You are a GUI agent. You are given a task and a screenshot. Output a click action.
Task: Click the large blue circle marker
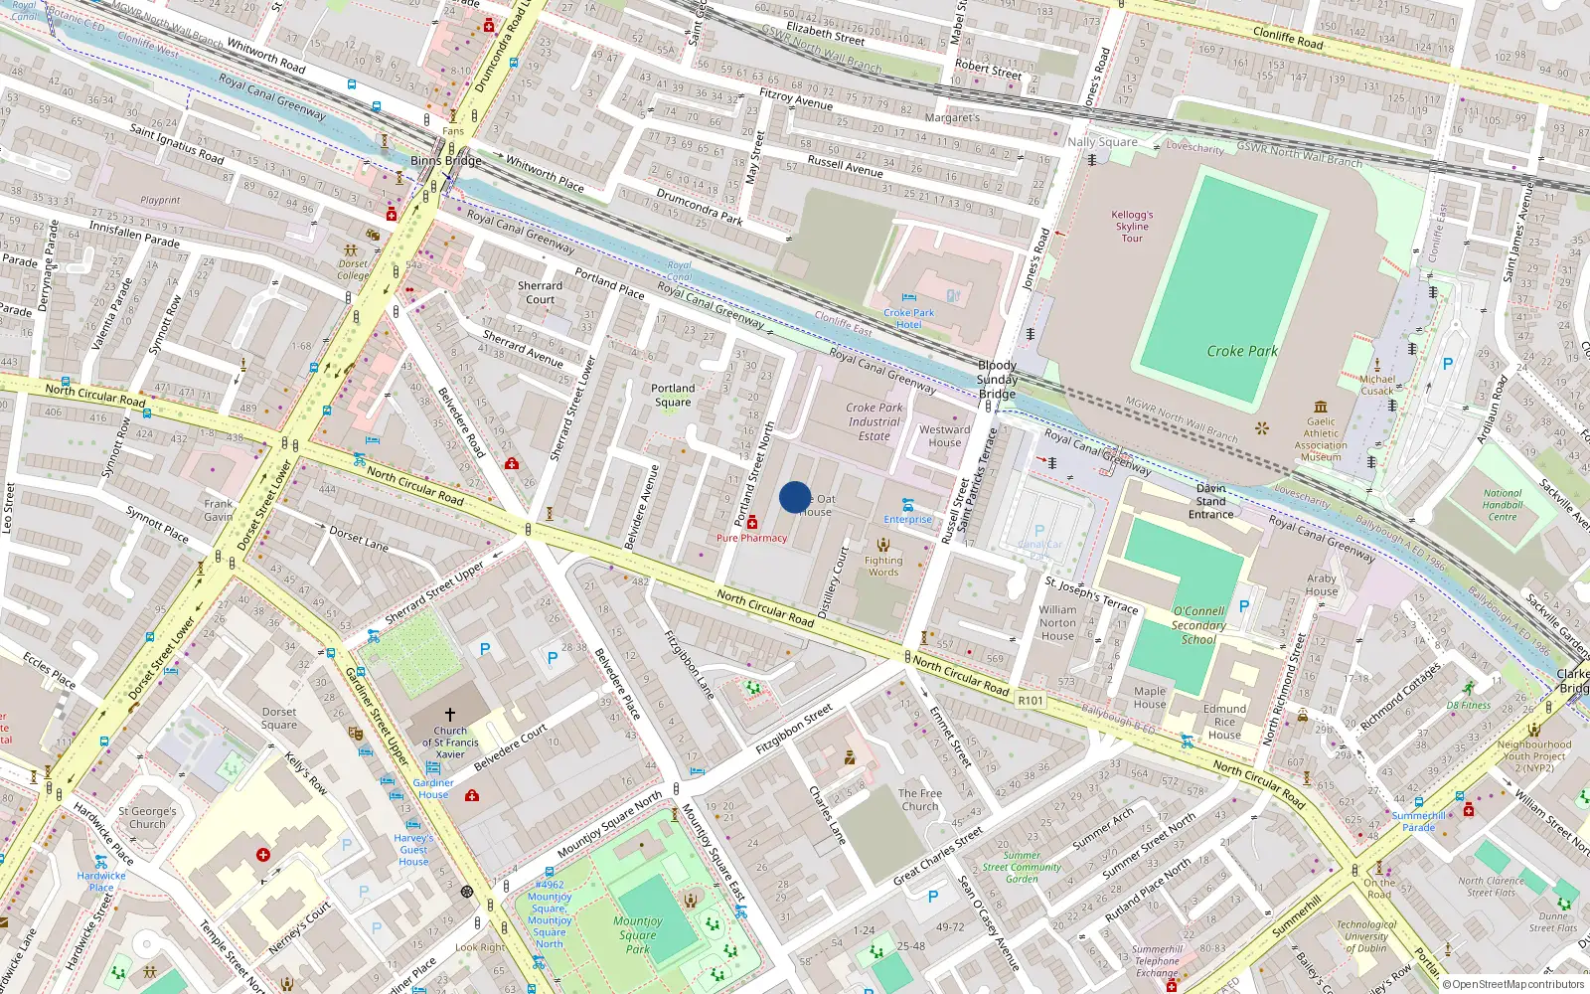click(795, 497)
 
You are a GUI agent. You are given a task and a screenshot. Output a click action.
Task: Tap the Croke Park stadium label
click(1242, 351)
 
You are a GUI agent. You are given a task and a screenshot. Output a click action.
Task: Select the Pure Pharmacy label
click(751, 538)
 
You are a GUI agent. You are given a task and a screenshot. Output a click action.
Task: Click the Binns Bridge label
click(446, 160)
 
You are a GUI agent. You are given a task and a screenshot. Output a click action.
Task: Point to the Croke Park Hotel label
click(908, 318)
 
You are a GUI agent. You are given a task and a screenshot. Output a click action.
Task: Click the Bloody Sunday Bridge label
click(997, 380)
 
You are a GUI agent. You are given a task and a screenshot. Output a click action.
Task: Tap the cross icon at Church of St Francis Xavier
click(450, 714)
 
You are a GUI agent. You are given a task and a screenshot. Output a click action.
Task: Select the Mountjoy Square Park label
click(637, 934)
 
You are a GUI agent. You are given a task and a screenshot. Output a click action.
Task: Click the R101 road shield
click(1031, 701)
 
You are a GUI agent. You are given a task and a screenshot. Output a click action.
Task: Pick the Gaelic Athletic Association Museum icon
click(1321, 407)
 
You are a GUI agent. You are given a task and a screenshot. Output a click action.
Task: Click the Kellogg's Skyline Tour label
click(1132, 226)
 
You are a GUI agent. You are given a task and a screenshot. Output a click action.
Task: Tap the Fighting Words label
click(882, 566)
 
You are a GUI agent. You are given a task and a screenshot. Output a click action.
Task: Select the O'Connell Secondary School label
click(1198, 625)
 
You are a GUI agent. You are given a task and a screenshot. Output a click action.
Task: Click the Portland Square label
click(673, 396)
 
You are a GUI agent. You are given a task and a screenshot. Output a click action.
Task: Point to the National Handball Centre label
click(1503, 505)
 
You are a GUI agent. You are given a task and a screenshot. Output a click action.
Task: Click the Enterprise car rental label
click(908, 519)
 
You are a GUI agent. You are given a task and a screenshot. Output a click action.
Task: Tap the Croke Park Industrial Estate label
click(874, 421)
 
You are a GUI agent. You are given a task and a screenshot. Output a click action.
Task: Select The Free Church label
click(920, 799)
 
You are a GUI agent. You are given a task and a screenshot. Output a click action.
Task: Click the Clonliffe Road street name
click(1288, 38)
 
